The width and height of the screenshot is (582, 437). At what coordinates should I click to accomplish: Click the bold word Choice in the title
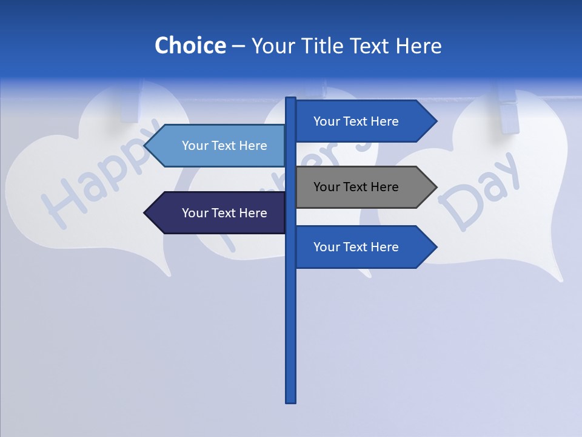[190, 46]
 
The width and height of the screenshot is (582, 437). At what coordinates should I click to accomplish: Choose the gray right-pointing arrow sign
[358, 187]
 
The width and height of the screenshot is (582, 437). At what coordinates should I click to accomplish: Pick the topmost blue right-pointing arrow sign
[358, 121]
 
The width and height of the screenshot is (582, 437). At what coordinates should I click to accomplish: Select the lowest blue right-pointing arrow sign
[358, 247]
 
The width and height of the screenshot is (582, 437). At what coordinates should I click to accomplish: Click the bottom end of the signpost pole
[290, 401]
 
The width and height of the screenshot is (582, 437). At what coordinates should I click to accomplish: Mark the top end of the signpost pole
[290, 99]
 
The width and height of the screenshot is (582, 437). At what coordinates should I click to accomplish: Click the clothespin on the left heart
[130, 103]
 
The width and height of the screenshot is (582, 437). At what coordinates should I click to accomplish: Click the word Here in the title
[418, 46]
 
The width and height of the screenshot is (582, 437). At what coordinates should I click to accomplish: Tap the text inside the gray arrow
[356, 187]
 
